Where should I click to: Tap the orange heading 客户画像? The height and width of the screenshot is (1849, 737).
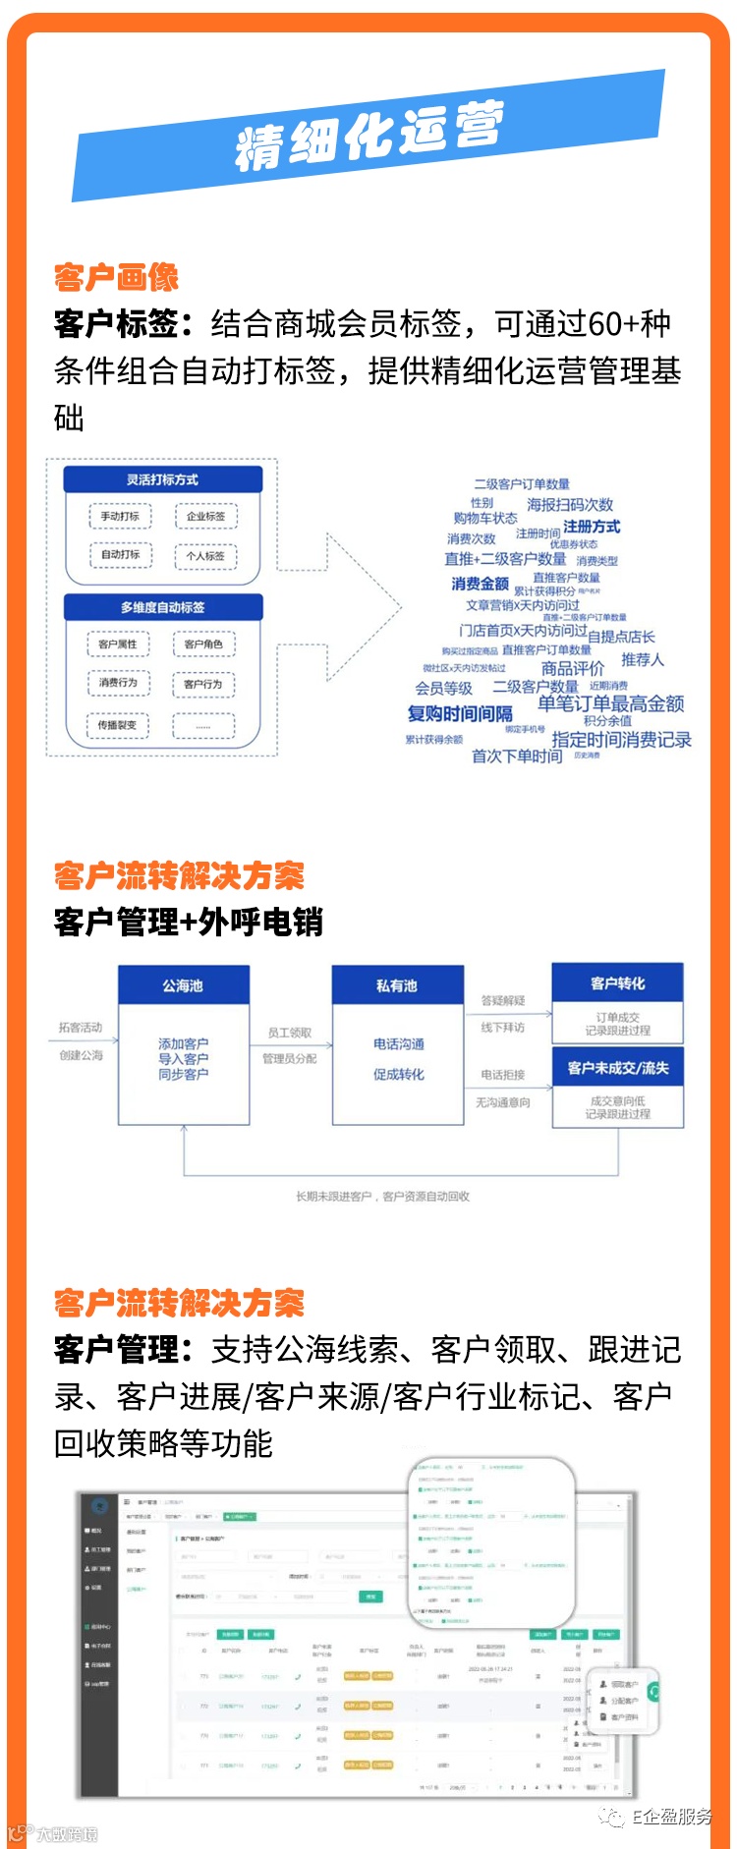tap(116, 278)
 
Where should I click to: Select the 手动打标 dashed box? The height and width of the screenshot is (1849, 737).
tap(120, 516)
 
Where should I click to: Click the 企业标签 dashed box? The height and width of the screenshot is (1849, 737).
tap(206, 516)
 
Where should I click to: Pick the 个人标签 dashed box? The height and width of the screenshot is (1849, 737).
tap(206, 556)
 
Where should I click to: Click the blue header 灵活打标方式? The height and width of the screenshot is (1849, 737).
tap(162, 479)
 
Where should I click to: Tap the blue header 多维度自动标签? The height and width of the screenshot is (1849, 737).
tap(162, 607)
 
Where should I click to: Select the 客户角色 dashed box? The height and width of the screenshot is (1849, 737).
tap(203, 644)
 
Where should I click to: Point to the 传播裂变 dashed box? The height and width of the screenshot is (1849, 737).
tap(118, 725)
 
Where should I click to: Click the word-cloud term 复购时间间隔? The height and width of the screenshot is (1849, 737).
tap(460, 713)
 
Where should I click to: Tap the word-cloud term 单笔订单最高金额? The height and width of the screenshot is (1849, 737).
tap(610, 703)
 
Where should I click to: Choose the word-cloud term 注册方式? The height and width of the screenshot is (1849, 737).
tap(592, 527)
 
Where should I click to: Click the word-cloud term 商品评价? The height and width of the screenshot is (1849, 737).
tap(573, 668)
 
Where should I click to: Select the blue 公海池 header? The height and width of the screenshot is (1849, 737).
tap(183, 985)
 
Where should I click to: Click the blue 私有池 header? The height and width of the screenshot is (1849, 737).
tap(397, 985)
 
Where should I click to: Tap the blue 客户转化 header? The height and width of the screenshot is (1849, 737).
tap(617, 983)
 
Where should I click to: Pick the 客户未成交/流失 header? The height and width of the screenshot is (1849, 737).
tap(617, 1068)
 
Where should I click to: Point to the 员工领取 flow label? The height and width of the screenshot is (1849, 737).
tap(290, 1034)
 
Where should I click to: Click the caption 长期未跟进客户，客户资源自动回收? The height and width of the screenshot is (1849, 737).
tap(383, 1197)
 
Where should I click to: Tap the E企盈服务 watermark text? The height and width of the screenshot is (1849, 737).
tap(671, 1817)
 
